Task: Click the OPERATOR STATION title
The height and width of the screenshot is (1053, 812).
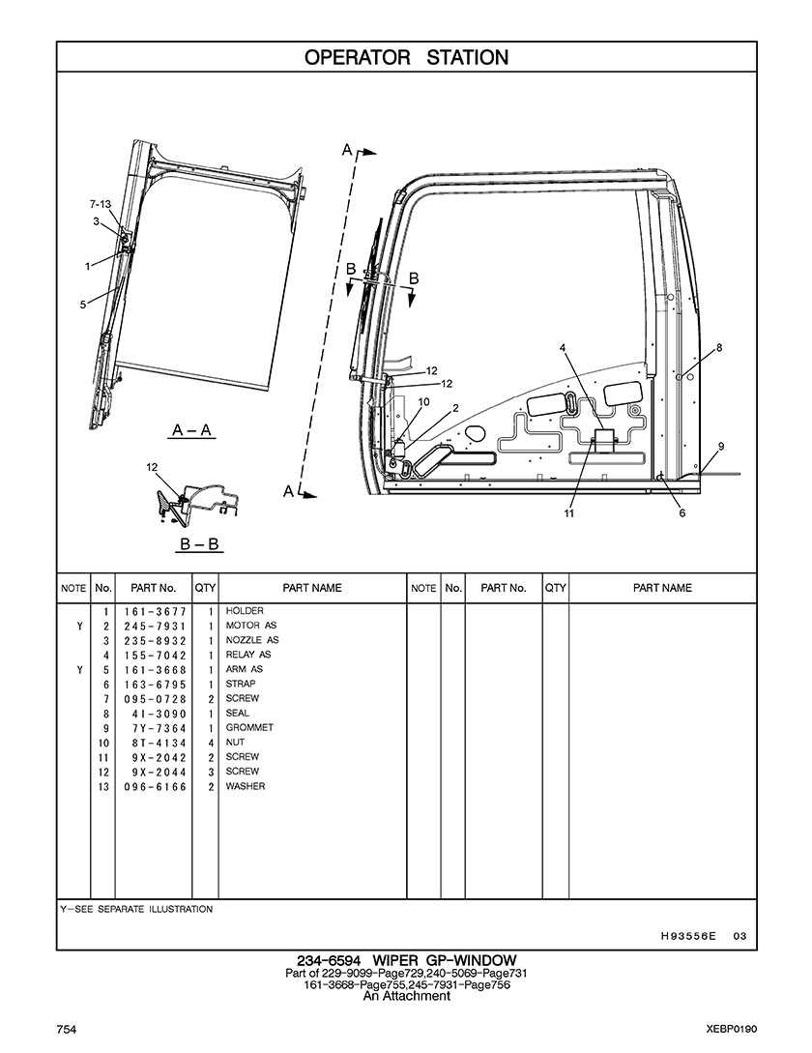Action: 406,57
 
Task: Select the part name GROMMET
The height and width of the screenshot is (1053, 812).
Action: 249,728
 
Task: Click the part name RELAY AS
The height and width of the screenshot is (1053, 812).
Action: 248,656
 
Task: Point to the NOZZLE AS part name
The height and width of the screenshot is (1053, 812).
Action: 252,641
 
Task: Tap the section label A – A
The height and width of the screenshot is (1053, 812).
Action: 192,430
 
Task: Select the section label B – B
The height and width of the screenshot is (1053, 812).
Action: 200,545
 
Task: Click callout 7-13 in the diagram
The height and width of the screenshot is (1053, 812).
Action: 101,205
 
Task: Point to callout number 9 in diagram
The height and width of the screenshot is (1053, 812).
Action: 721,446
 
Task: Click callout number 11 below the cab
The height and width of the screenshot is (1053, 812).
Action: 569,513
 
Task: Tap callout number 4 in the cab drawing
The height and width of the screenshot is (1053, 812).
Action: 563,347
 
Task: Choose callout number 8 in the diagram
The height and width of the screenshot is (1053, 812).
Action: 719,347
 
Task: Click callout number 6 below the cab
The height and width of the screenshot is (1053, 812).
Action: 682,513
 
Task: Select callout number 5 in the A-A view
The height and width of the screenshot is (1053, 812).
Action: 83,305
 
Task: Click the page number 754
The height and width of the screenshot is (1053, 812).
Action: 67,1028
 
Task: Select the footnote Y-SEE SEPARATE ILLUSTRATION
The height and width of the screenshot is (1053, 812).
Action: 136,910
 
